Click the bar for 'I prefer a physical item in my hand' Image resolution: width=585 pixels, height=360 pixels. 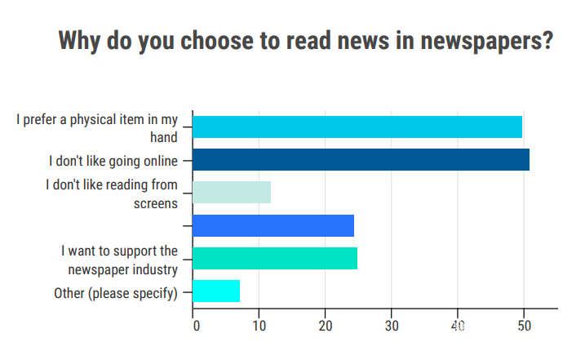357,127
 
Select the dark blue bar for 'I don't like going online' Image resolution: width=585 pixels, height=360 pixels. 361,159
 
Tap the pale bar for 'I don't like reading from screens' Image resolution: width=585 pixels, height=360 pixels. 232,193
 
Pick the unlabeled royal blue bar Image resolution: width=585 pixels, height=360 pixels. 273,225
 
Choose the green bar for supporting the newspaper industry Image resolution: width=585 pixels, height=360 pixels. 275,258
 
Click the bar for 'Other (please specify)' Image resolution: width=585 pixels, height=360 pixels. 216,291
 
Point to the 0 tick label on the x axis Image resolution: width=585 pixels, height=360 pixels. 197,326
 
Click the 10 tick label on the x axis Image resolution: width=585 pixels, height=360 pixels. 259,326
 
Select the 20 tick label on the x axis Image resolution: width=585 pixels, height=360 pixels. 326,326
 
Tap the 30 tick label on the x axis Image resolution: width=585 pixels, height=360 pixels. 392,326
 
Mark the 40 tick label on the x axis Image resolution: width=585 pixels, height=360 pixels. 458,326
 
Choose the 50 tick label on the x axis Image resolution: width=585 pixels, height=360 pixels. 524,326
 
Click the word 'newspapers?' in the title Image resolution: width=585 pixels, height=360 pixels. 487,41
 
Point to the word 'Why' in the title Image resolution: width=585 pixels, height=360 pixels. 79,40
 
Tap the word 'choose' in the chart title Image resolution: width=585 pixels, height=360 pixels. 217,40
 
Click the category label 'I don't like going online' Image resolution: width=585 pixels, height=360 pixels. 113,161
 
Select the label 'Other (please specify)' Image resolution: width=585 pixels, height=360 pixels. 116,294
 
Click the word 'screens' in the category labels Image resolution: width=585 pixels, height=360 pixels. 156,204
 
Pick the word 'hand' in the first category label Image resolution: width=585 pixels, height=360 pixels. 164,137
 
